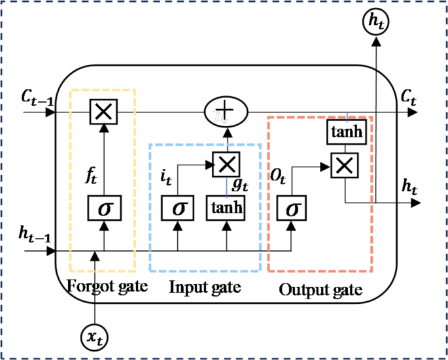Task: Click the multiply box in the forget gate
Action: tap(101, 112)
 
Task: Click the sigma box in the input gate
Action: tap(178, 209)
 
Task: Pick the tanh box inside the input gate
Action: tap(227, 209)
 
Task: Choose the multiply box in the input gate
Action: tap(227, 163)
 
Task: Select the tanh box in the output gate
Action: tap(344, 133)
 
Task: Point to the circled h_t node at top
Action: tap(375, 22)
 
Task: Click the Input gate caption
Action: tap(205, 287)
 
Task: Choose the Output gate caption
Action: tap(320, 288)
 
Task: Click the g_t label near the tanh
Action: tap(242, 186)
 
